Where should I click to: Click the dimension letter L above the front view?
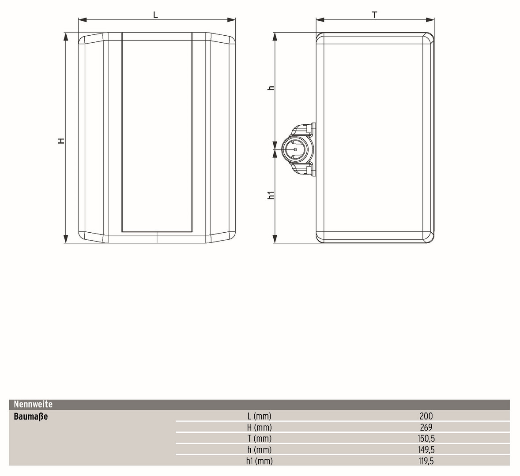pyautogui.click(x=155, y=15)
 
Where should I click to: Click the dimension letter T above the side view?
pyautogui.click(x=374, y=15)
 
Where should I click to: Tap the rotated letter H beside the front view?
pyautogui.click(x=61, y=141)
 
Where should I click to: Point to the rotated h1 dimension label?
pyautogui.click(x=271, y=195)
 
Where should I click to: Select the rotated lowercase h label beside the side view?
pyautogui.click(x=271, y=88)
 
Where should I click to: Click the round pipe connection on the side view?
pyautogui.click(x=295, y=149)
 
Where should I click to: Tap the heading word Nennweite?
pyautogui.click(x=33, y=404)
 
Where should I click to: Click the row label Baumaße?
pyautogui.click(x=30, y=416)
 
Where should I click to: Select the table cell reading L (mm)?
pyautogui.click(x=259, y=416)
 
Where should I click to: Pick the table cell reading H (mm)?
pyautogui.click(x=259, y=428)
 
